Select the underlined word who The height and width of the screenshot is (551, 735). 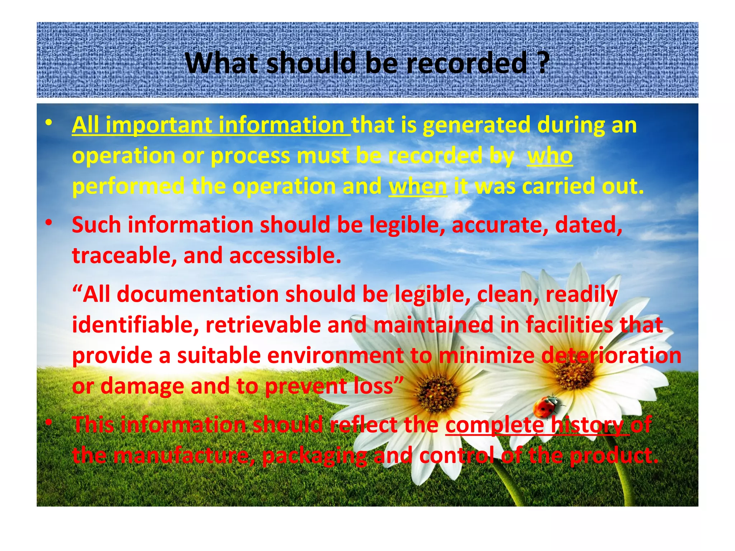click(549, 156)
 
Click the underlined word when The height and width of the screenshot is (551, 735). click(418, 187)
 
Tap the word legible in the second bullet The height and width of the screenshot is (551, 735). click(407, 225)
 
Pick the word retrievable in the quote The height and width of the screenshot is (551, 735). click(263, 325)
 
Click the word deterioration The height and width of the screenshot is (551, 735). click(611, 355)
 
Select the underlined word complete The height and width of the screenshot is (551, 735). click(495, 425)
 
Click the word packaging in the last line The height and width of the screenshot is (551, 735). click(314, 456)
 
